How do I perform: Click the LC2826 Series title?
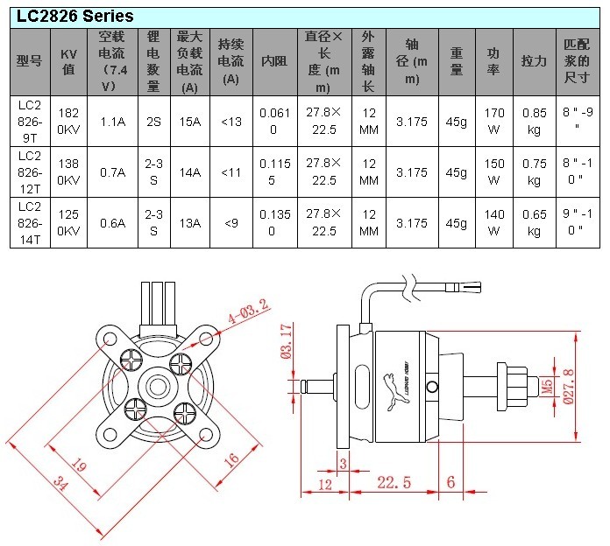[x=75, y=17]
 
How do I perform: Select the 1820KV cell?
[x=68, y=121]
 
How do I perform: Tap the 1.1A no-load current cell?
[x=113, y=122]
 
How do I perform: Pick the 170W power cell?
[x=494, y=121]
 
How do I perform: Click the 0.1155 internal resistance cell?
[x=275, y=172]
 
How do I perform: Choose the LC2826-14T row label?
[x=30, y=223]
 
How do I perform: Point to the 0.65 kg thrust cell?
[x=534, y=223]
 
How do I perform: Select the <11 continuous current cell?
[x=231, y=172]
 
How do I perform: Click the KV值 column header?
[x=69, y=62]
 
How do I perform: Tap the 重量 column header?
[x=457, y=61]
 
